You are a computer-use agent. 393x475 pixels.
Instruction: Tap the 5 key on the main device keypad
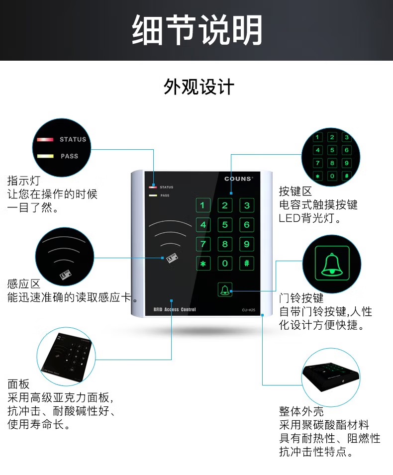click(225, 225)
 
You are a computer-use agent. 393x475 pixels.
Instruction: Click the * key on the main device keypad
click(203, 264)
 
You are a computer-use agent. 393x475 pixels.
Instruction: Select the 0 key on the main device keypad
click(225, 264)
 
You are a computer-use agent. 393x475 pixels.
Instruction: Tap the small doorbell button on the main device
click(225, 289)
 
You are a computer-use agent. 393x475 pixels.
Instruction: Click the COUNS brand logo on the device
click(238, 179)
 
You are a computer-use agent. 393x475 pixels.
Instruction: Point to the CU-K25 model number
click(248, 310)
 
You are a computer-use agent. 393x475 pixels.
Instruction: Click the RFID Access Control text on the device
click(175, 309)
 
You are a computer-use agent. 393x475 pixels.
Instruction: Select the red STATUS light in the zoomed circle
click(45, 140)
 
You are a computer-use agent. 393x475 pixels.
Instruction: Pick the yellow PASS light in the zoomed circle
click(45, 156)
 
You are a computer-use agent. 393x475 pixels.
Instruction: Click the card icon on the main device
click(172, 258)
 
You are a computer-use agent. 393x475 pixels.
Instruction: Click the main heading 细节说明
click(197, 30)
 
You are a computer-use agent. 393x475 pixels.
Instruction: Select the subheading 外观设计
click(199, 87)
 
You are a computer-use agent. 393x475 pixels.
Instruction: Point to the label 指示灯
click(24, 181)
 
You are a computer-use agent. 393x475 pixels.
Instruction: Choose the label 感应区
click(24, 284)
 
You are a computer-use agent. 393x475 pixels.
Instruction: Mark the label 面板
click(18, 384)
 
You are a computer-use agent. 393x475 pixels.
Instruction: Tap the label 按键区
click(295, 191)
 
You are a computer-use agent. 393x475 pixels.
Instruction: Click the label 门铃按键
click(301, 298)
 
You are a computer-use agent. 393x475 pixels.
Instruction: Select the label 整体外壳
click(301, 411)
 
